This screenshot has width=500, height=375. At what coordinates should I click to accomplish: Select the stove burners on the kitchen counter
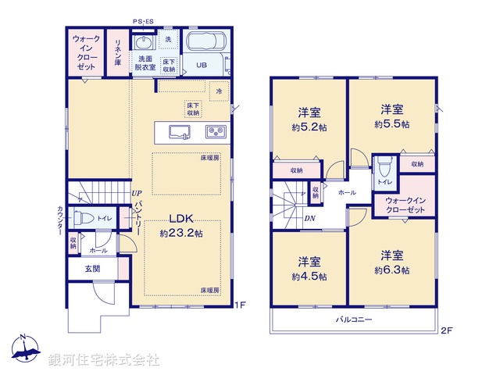point(215,130)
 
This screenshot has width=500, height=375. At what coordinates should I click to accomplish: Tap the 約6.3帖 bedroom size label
point(392,270)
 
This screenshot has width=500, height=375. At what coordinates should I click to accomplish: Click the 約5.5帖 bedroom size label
point(391,123)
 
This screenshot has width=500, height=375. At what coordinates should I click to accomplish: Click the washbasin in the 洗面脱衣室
point(144,41)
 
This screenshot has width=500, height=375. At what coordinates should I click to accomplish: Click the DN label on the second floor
point(309,218)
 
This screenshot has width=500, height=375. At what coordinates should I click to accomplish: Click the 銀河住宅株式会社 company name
point(104,360)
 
